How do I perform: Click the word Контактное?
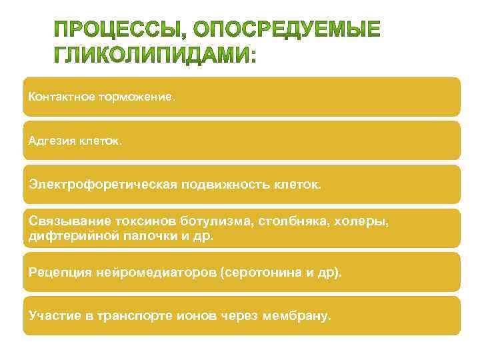[61, 97]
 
